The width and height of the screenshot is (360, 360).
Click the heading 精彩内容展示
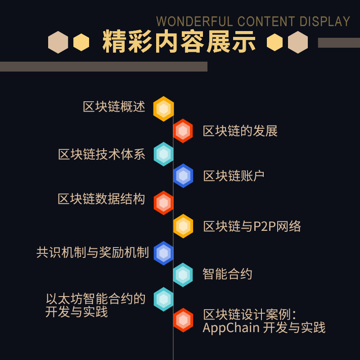(x=179, y=42)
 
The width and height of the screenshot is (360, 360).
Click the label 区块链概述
(x=114, y=107)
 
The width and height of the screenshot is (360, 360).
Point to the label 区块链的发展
(x=240, y=131)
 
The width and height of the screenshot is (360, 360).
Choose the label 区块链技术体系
(x=102, y=154)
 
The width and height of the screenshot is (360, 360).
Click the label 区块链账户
(x=234, y=176)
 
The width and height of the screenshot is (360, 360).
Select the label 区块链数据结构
(x=102, y=199)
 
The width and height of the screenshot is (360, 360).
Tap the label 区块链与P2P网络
(x=252, y=226)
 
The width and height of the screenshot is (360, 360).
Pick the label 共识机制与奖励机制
(x=93, y=252)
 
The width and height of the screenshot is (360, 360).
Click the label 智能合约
(x=227, y=274)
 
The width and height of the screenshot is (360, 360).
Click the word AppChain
(x=231, y=328)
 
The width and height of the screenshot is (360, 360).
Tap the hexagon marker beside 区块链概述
(x=163, y=109)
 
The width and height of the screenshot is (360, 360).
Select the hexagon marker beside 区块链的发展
(x=183, y=131)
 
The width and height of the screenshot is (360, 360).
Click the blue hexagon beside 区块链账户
(x=183, y=176)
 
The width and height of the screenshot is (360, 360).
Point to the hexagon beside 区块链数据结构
(x=163, y=203)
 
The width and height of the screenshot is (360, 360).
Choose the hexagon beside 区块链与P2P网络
(x=183, y=226)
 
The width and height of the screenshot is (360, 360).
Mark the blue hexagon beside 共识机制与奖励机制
(x=163, y=253)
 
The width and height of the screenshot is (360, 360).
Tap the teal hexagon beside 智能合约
(x=183, y=275)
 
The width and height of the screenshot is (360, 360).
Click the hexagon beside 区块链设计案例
(x=183, y=320)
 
